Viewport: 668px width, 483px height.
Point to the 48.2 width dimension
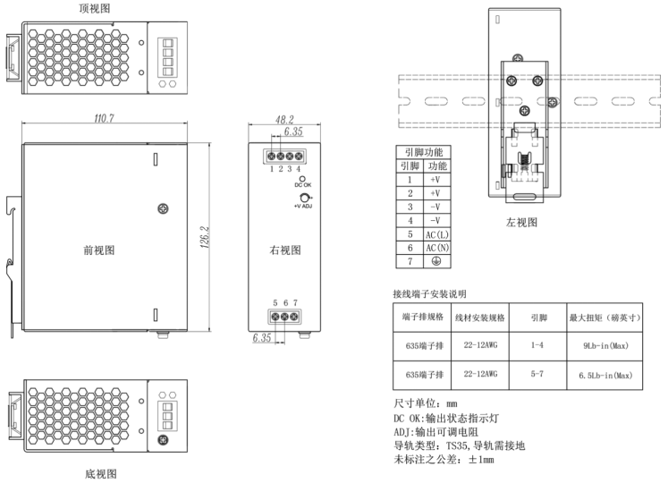[285, 119]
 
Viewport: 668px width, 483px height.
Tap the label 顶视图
[95, 8]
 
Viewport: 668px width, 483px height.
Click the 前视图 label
[98, 250]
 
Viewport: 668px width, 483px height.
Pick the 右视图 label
[285, 250]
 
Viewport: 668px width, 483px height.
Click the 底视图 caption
[97, 473]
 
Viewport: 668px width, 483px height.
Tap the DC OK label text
[303, 185]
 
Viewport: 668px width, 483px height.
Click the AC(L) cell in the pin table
[438, 234]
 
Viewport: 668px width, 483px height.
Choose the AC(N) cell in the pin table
[438, 248]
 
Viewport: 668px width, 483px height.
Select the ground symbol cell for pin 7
[438, 262]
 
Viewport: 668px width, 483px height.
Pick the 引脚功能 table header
[424, 153]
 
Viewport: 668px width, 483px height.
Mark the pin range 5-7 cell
[537, 376]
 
